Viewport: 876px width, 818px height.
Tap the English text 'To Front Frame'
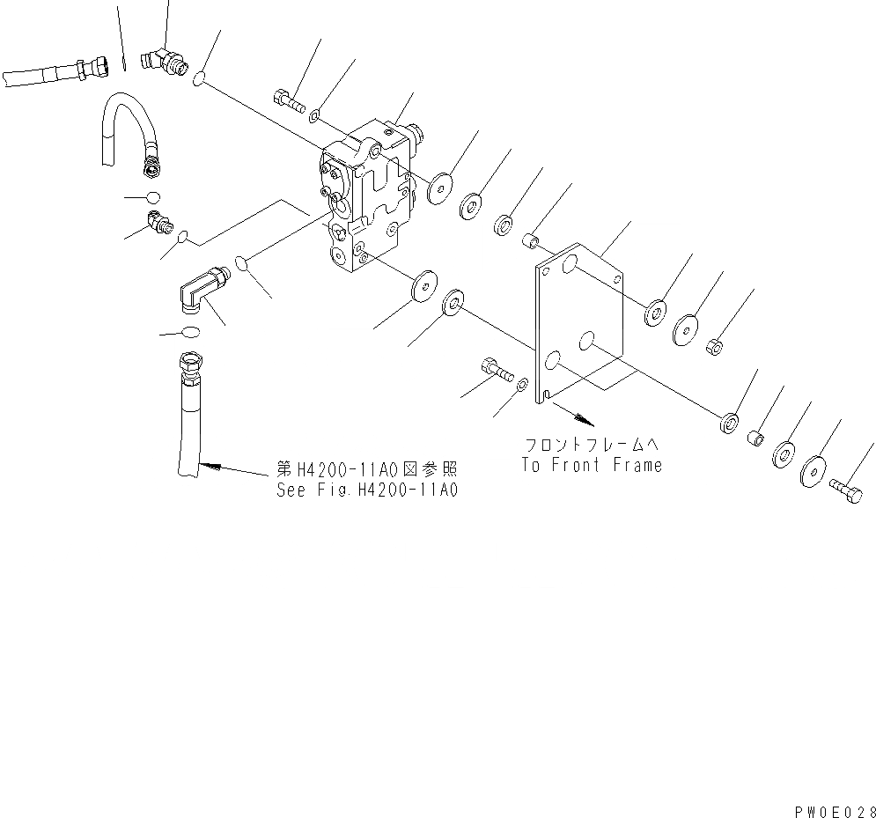591,465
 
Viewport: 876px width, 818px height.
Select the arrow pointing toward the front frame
571,410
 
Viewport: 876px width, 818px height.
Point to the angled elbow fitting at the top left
165,62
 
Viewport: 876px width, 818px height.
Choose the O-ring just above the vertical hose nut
190,333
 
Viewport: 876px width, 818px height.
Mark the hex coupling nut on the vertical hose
191,363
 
